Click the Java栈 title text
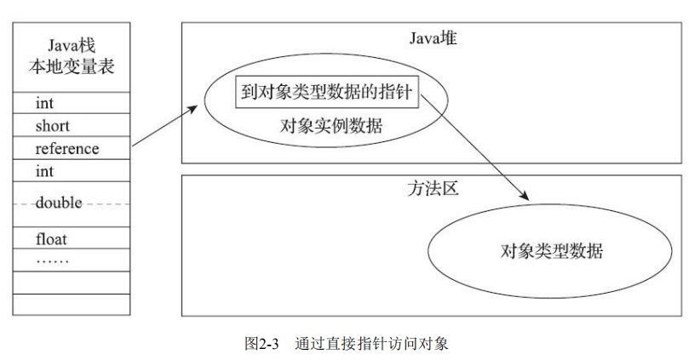[72, 46]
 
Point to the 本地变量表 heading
[72, 66]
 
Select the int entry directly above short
[44, 103]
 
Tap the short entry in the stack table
[52, 126]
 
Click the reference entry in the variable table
[67, 149]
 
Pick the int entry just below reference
[44, 171]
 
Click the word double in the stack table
[59, 203]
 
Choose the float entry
[51, 239]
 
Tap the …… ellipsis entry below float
[52, 262]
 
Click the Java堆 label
[433, 38]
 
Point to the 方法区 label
[433, 189]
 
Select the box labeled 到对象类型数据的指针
[327, 92]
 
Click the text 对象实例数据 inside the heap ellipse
[331, 126]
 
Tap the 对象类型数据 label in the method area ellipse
[552, 251]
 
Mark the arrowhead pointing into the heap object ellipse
[192, 108]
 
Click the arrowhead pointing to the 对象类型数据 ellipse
[525, 197]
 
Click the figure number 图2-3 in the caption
[261, 343]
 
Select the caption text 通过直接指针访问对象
[371, 343]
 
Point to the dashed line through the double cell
[72, 204]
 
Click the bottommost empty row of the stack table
[72, 304]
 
